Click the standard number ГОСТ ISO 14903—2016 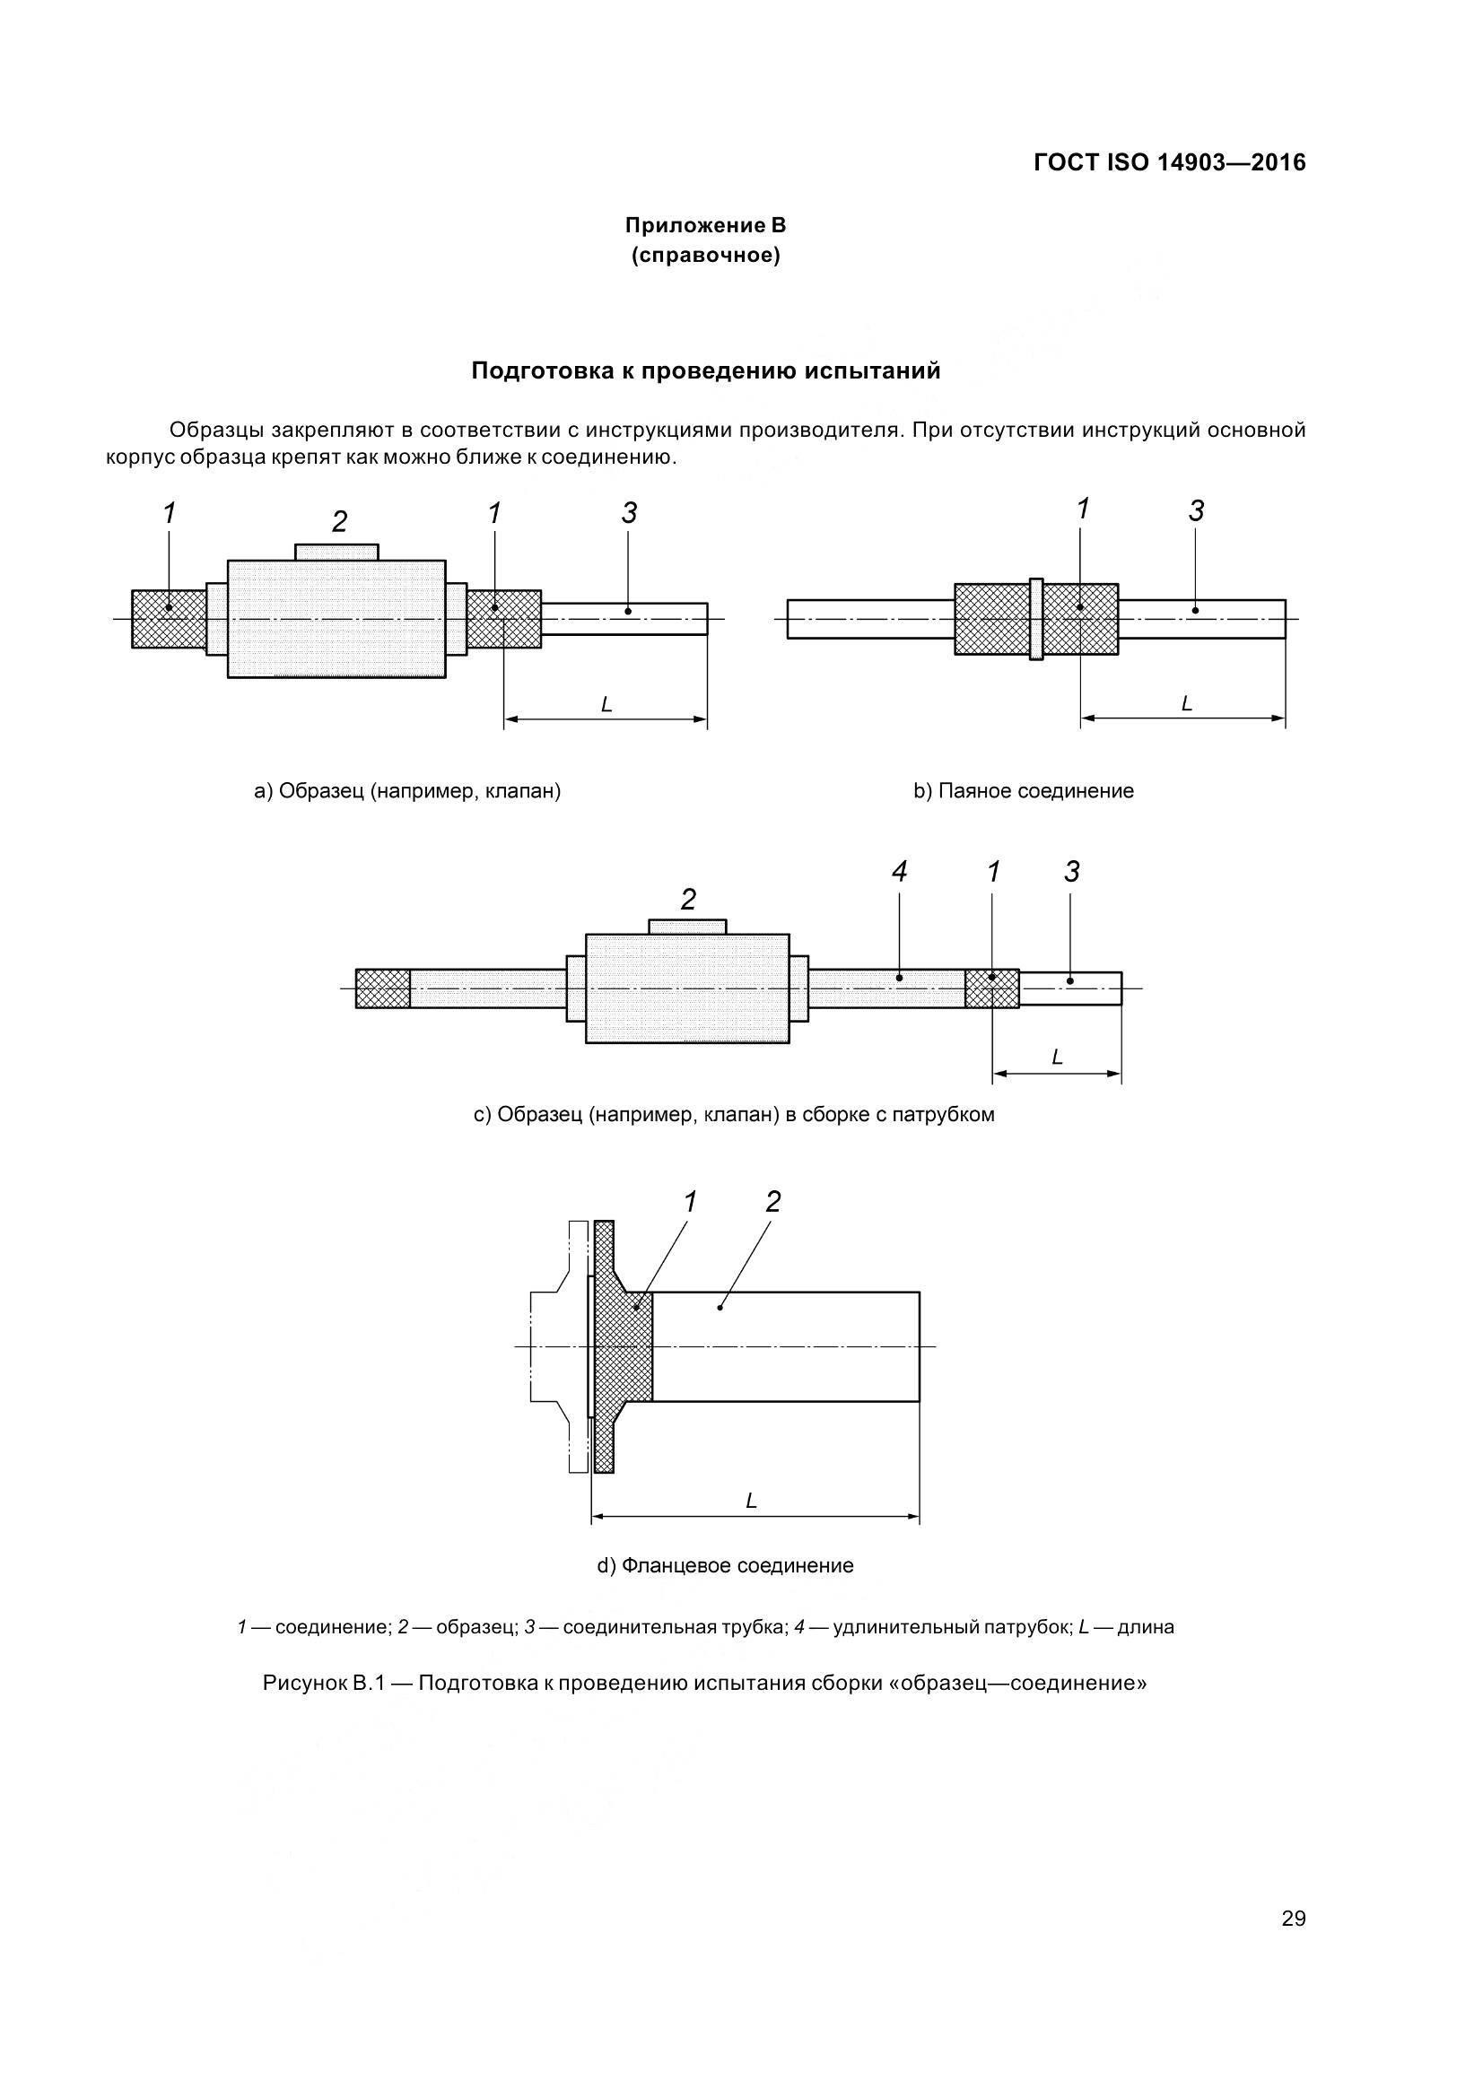1169,162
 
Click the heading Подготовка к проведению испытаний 705,371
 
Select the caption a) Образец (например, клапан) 406,790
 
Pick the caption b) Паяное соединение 1024,790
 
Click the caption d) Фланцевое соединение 725,1565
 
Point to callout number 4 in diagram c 899,872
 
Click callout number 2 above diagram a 339,522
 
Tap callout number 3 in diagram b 1196,510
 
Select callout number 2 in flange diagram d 773,1203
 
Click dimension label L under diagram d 751,1502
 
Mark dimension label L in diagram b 1186,703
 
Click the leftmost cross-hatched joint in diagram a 168,619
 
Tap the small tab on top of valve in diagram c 687,927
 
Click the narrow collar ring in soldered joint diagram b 1035,619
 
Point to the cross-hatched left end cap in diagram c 382,988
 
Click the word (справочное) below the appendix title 705,255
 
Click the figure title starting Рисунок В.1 703,1683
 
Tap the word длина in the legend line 1146,1627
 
